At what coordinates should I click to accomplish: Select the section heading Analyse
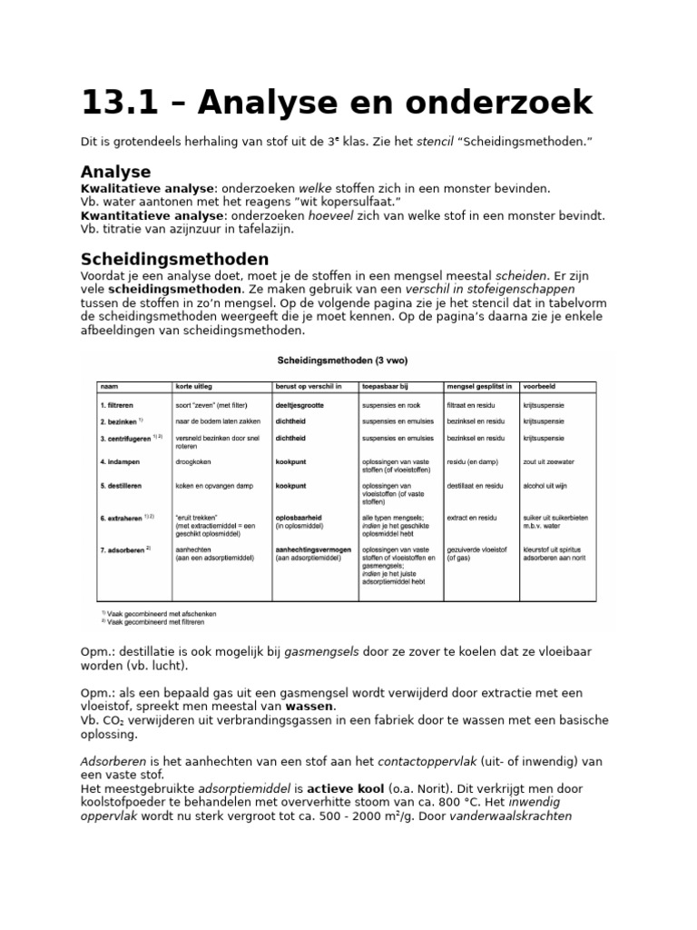coord(115,172)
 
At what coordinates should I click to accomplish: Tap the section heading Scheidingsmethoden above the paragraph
coord(174,259)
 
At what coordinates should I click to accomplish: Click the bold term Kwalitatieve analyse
coord(149,188)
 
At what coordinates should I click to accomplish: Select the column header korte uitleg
coord(195,385)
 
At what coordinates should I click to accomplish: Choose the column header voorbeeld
coord(541,385)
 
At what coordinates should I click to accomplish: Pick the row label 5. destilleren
coord(125,486)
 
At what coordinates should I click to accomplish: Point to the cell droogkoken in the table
coord(197,461)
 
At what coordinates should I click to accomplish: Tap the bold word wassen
coord(310,706)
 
